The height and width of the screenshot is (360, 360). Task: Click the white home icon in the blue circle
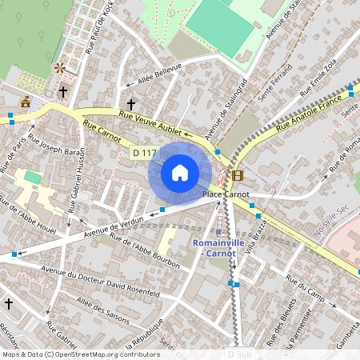(180, 173)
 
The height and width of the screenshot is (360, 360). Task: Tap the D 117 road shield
(143, 152)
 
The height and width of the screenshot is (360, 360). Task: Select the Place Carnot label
(226, 194)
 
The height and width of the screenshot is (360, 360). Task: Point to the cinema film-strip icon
(238, 174)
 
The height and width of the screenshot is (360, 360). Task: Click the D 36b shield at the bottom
(240, 354)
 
